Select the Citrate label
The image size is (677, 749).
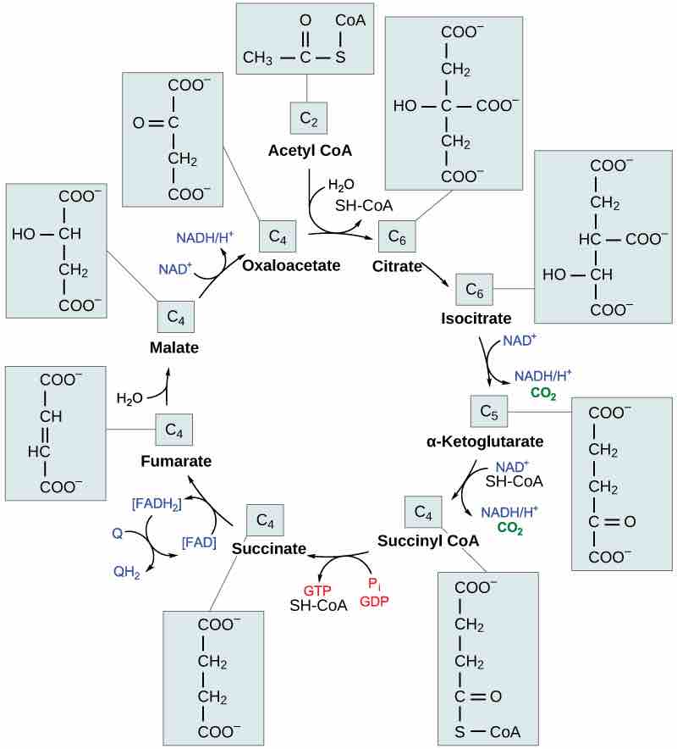click(x=397, y=267)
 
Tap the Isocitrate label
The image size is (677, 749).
click(x=476, y=319)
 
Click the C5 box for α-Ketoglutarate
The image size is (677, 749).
click(x=488, y=412)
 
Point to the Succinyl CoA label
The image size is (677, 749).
click(x=428, y=540)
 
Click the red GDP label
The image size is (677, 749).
click(x=375, y=601)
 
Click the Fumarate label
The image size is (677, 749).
click(x=175, y=461)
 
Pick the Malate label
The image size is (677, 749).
click(x=174, y=347)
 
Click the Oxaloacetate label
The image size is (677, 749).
click(x=291, y=265)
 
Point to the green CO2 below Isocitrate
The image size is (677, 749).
click(x=542, y=393)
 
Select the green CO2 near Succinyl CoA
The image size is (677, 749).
click(x=509, y=527)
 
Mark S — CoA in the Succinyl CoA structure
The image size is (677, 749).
click(x=488, y=731)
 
